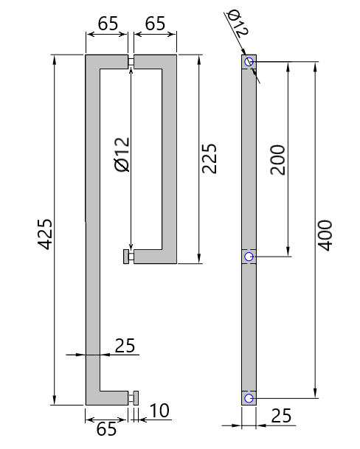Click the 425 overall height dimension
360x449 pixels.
pos(44,233)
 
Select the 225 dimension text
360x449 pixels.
pos(209,159)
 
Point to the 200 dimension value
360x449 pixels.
pos(277,159)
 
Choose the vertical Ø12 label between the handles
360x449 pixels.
pos(122,155)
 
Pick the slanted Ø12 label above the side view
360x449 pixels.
pos(237,23)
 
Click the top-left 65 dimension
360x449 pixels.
pos(108,23)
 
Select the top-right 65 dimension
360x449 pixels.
pos(155,23)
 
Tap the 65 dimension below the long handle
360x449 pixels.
pos(107,428)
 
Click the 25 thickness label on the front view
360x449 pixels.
pos(125,345)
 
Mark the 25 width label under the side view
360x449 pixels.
pos(281,417)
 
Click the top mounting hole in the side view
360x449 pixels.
pos(249,62)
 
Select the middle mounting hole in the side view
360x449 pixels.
pos(249,257)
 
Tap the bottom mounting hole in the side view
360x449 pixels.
pos(249,398)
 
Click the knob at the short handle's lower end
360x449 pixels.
pos(127,257)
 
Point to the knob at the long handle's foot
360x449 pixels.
pos(133,398)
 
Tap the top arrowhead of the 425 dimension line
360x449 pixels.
pos(55,58)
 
